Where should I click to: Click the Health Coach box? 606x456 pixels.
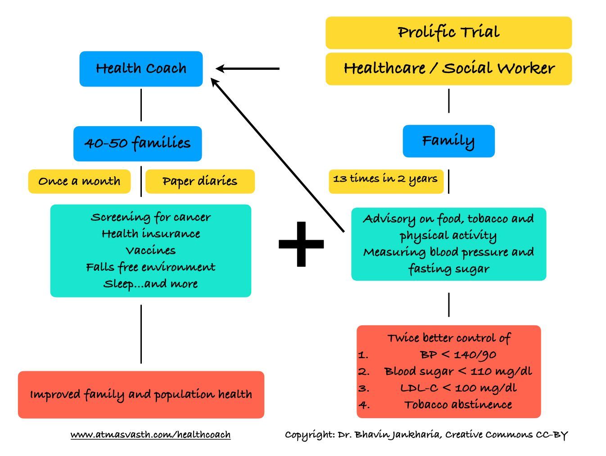141,68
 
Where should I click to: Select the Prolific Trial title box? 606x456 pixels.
448,32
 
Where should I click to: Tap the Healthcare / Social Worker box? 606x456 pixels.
448,68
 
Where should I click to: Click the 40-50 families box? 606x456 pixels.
137,143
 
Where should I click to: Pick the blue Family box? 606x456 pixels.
448,141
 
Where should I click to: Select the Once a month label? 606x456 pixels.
79,181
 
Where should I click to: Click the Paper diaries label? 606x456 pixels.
200,181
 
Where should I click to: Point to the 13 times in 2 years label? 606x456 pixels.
386,179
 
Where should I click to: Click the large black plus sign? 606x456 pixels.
301,244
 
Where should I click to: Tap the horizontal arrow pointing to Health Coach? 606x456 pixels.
248,68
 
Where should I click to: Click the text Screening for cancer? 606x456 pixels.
150,217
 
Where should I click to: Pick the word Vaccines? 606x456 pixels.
150,251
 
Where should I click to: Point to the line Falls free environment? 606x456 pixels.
150,267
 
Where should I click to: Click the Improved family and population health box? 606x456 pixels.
141,395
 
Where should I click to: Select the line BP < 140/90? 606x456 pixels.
458,355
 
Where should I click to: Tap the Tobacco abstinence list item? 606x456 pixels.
458,405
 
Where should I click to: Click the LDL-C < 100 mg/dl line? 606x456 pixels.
458,388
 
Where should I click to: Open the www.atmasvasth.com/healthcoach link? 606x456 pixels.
150,435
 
